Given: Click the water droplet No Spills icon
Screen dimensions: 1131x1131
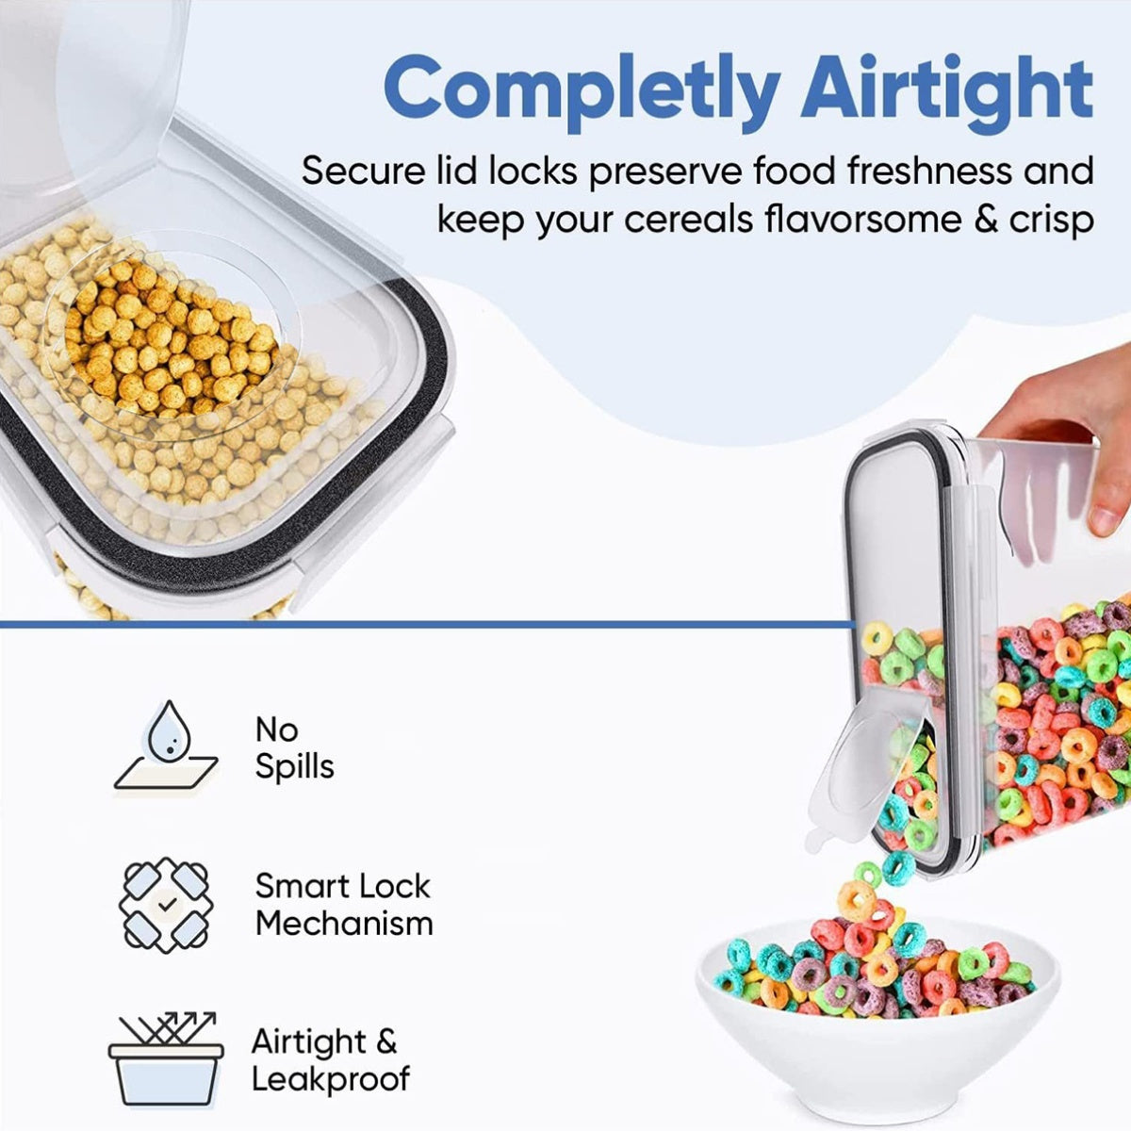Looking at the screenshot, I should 167,746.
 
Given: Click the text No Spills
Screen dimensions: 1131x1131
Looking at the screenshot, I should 294,748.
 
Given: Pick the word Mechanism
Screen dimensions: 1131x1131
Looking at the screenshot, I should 344,924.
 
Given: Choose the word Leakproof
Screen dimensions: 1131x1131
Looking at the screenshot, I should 331,1078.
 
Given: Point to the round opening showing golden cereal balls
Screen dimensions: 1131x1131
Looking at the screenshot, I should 170,339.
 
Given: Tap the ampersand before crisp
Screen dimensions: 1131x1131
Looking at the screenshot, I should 977,221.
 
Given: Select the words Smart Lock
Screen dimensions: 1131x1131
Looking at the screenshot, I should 342,886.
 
